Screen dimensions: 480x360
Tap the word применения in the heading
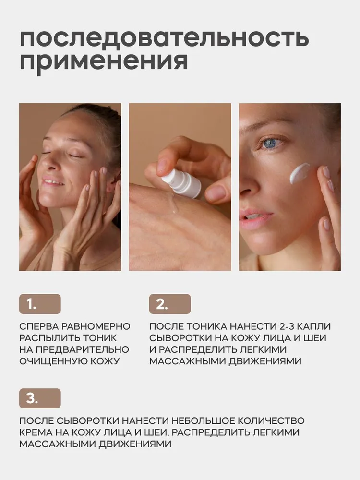103,63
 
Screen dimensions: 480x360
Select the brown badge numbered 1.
40,304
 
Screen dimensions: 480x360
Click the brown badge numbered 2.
170,304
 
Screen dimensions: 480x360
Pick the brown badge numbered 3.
40,398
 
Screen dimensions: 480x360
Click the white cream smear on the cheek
300,172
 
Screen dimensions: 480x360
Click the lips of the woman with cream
253,217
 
